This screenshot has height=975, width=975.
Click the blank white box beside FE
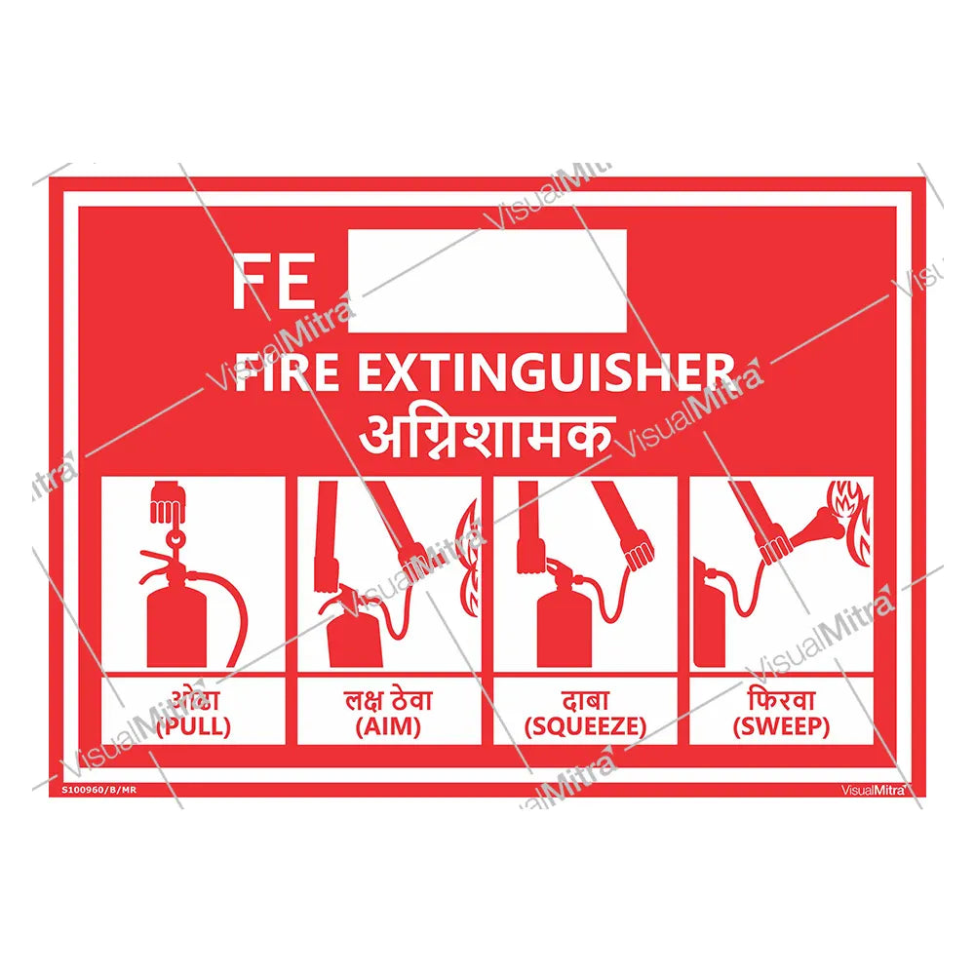click(486, 281)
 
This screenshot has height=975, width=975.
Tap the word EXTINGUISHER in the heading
click(546, 373)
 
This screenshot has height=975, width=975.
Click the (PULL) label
click(193, 726)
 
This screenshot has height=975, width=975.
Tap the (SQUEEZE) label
click(585, 726)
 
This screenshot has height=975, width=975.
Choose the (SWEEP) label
click(782, 726)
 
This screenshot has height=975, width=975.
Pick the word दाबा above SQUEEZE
click(585, 700)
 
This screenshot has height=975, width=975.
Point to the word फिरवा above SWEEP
click(782, 700)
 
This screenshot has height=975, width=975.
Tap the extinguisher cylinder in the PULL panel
click(175, 624)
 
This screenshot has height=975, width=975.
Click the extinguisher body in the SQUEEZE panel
click(564, 624)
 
